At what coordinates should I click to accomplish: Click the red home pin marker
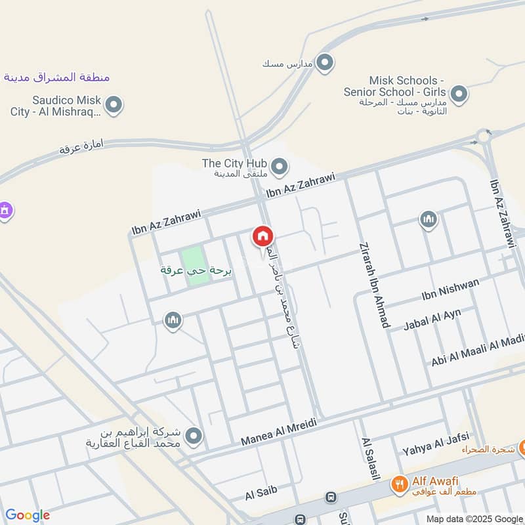click(x=263, y=237)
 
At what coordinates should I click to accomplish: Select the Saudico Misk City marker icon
click(x=114, y=104)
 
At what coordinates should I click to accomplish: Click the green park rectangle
click(x=196, y=266)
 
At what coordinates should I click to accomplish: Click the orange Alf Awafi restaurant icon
click(x=398, y=485)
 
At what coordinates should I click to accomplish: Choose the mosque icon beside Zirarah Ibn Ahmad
click(x=428, y=220)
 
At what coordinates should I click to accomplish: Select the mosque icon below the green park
click(x=173, y=320)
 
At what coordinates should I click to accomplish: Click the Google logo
click(x=28, y=515)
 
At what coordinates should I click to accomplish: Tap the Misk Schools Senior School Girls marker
click(x=459, y=94)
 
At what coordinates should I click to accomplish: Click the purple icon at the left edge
click(x=5, y=211)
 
